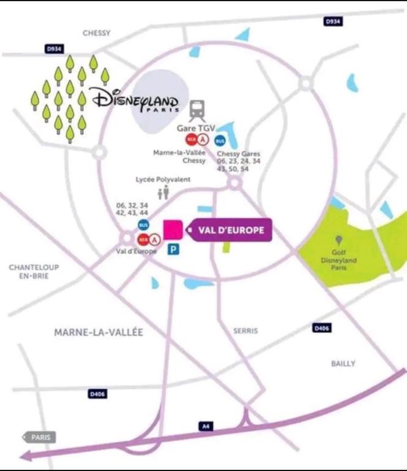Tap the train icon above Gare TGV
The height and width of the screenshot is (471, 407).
click(197, 111)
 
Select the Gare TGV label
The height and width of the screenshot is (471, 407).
click(196, 128)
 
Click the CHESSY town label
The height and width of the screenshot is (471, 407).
click(96, 33)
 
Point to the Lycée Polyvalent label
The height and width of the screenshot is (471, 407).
click(163, 180)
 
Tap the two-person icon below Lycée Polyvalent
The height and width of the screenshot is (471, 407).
click(163, 194)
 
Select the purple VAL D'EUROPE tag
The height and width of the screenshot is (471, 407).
click(228, 231)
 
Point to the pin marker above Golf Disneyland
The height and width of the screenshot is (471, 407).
click(339, 240)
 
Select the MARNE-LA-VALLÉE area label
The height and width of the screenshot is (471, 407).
click(99, 332)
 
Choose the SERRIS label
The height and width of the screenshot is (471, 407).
click(245, 331)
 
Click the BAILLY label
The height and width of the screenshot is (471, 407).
click(343, 364)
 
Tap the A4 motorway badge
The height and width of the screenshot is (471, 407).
click(207, 426)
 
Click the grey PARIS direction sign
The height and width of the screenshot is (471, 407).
click(40, 437)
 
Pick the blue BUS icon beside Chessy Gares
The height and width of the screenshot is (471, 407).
click(220, 141)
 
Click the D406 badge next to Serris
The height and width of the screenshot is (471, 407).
click(322, 329)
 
